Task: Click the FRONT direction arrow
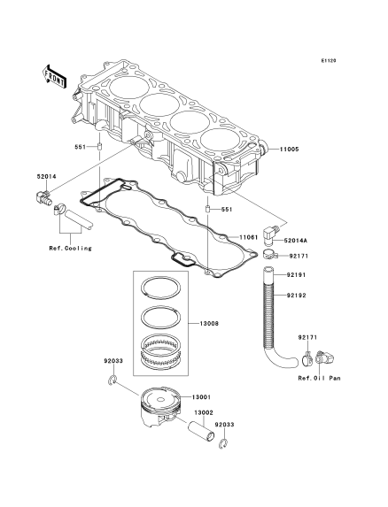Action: point(54,77)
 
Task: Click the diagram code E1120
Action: point(329,60)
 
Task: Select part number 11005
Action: point(290,150)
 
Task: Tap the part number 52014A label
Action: point(296,241)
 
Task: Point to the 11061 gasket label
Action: point(248,237)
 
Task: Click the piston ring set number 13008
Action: point(209,323)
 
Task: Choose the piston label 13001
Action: point(201,397)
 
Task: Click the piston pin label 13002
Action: point(204,413)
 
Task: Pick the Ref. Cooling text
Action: point(71,249)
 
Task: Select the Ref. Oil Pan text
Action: point(320,378)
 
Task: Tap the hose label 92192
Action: point(296,296)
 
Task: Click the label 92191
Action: point(296,275)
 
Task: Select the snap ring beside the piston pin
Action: point(223,444)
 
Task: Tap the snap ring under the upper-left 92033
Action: point(112,380)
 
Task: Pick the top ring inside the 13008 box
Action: point(160,287)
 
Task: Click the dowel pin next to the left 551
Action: point(100,147)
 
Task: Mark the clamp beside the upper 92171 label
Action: point(270,255)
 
